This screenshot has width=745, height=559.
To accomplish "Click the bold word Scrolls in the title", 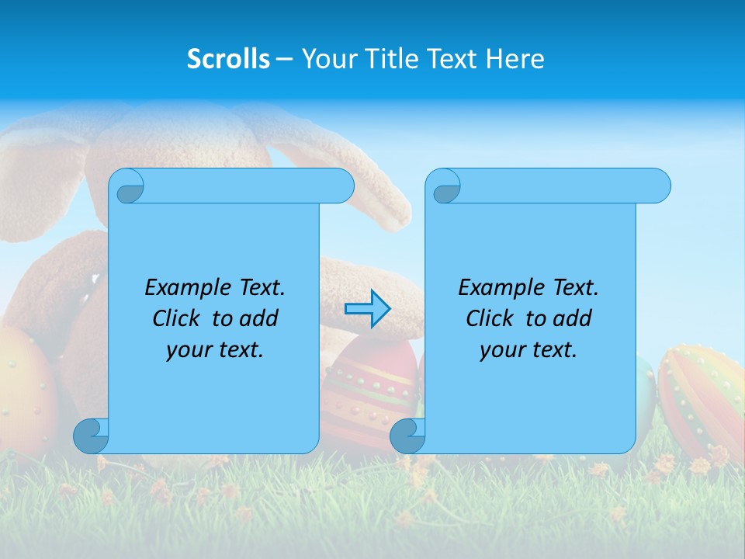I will (229, 59).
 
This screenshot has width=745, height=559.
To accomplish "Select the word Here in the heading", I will (515, 59).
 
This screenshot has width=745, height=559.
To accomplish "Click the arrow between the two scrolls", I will (367, 309).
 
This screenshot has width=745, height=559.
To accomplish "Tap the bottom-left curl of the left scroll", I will (91, 435).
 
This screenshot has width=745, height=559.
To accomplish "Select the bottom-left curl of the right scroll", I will (407, 435).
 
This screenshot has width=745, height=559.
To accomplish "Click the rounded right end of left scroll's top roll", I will (341, 186).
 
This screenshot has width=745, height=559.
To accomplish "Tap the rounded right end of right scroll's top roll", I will (658, 186).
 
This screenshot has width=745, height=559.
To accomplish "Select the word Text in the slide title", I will (452, 59).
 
